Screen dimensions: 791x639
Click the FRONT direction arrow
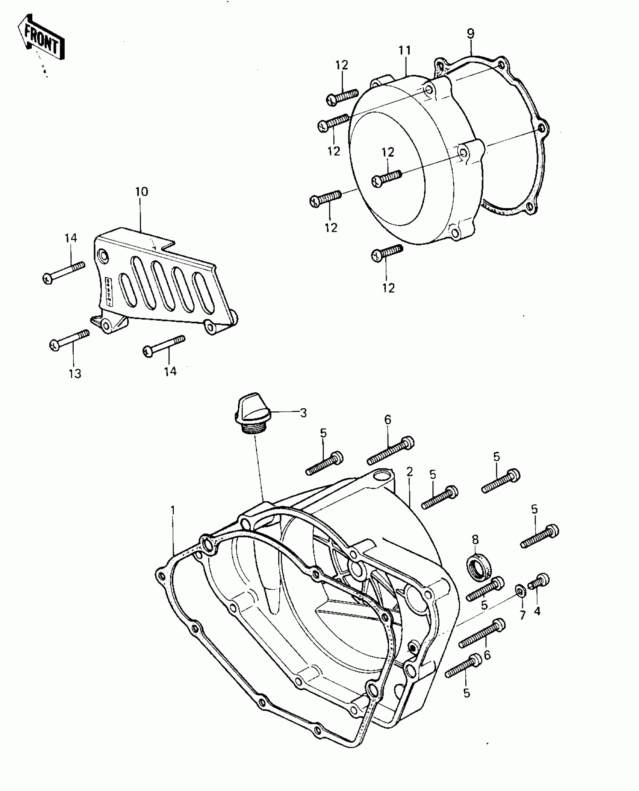[x=41, y=38]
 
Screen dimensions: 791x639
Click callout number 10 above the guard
[x=142, y=192]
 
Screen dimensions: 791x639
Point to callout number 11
[x=405, y=50]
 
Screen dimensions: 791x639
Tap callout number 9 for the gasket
[x=471, y=33]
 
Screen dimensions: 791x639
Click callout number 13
[x=75, y=374]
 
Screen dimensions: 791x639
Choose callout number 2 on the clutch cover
[x=409, y=472]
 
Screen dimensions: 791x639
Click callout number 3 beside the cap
[x=303, y=413]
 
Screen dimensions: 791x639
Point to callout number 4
[x=537, y=612]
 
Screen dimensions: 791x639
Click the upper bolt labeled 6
[x=391, y=450]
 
